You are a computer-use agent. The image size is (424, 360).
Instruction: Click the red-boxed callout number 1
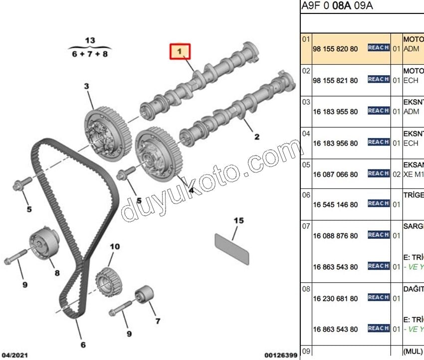point(180,50)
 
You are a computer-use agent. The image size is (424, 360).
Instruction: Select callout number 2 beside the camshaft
point(257,137)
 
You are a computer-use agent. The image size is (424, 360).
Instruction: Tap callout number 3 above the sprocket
point(86,87)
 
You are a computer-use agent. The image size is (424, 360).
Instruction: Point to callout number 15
point(239,220)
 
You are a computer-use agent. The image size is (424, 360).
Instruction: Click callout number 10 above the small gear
point(115,247)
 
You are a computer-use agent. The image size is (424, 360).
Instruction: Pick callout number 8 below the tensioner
point(57,273)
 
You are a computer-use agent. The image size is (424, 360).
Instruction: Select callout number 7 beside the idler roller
point(158,321)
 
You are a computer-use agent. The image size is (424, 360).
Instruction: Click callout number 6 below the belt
point(83,345)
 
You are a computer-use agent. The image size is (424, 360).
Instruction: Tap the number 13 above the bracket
point(90,40)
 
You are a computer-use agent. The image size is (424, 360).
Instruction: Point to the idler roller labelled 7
point(143,295)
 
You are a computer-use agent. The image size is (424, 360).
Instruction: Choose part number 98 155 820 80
point(335,49)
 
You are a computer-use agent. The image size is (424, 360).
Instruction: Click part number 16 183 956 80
point(335,143)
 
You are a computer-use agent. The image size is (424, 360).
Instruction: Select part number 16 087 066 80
point(335,175)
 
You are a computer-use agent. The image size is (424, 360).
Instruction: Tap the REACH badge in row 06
point(378,203)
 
